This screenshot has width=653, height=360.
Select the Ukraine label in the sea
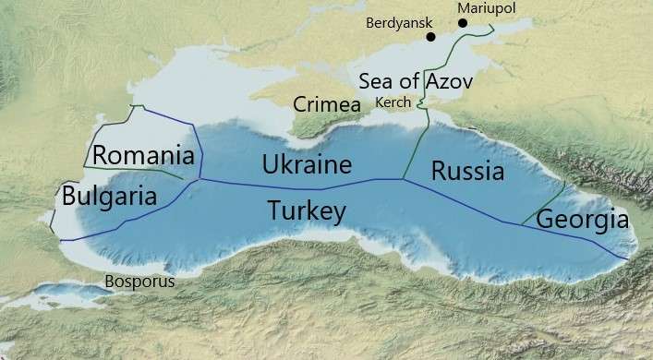307,166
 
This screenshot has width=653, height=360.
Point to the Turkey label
307,211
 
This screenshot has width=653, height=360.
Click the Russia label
467,171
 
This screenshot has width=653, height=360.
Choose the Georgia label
582,221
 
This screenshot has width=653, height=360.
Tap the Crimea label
326,104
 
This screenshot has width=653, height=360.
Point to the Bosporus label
139,281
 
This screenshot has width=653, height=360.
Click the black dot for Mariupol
462,22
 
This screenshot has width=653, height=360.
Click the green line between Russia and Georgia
545,201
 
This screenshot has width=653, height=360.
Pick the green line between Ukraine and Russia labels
416,148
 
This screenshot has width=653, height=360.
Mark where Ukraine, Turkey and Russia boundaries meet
400,178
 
